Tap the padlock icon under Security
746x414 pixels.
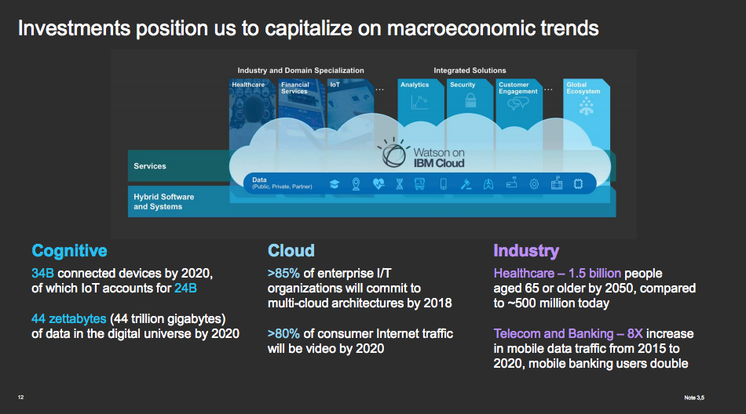(470, 100)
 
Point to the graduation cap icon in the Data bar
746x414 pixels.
(334, 184)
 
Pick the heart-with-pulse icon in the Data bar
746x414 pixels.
(378, 184)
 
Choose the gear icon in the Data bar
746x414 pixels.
(534, 184)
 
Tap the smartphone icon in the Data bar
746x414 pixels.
(444, 184)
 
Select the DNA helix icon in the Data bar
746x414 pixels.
(400, 184)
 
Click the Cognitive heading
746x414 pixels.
(69, 251)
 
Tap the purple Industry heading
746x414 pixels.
(526, 251)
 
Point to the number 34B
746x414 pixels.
(42, 274)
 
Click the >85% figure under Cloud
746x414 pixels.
(283, 274)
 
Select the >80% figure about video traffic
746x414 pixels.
(283, 334)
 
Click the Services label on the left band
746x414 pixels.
(150, 166)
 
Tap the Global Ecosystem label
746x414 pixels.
(583, 88)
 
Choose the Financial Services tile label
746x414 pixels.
(295, 88)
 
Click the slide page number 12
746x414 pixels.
(21, 398)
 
